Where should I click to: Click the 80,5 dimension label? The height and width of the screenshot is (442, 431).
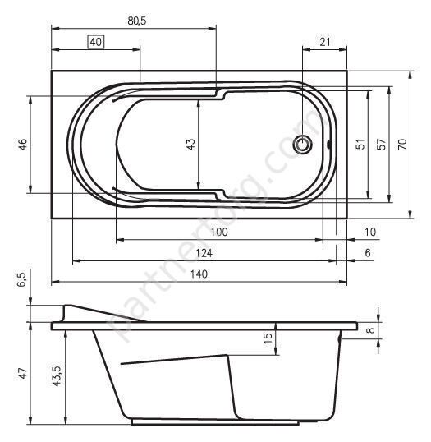[137, 21]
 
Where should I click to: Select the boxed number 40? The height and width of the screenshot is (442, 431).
[96, 42]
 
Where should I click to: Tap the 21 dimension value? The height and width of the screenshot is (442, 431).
[325, 42]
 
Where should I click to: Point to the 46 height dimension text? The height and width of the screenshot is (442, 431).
[23, 144]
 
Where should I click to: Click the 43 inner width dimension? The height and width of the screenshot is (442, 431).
[191, 144]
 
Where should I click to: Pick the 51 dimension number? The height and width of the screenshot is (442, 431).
[361, 144]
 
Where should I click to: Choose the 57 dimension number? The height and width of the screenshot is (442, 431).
[382, 144]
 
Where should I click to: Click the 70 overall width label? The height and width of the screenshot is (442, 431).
[403, 144]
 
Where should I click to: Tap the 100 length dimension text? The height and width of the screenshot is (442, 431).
[219, 232]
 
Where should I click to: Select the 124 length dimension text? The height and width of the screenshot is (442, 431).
[204, 253]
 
